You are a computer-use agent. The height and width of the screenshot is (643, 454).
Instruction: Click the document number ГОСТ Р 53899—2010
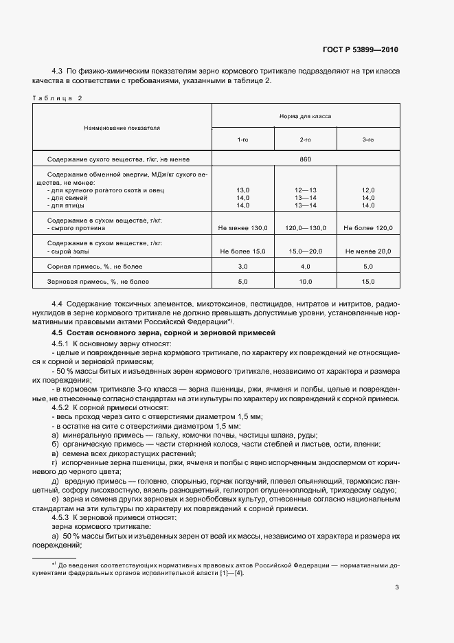pyautogui.click(x=360, y=50)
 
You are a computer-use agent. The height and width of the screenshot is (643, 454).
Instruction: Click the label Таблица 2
pyautogui.click(x=57, y=98)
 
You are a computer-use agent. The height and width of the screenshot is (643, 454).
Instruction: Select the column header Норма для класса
pyautogui.click(x=306, y=116)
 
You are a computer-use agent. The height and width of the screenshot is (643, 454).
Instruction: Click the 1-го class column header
pyautogui.click(x=243, y=139)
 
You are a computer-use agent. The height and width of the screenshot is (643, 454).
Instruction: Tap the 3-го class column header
pyautogui.click(x=368, y=139)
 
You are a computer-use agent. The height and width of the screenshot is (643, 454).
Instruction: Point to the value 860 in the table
pyautogui.click(x=306, y=159)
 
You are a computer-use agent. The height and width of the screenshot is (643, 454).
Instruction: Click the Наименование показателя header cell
pyautogui.click(x=122, y=128)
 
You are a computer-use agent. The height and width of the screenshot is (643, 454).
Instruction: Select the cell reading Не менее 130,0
pyautogui.click(x=243, y=227)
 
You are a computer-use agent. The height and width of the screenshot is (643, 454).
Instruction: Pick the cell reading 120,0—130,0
pyautogui.click(x=306, y=227)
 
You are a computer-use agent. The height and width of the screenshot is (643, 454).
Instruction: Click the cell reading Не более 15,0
pyautogui.click(x=243, y=251)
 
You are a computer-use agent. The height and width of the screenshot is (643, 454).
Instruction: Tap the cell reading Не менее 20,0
pyautogui.click(x=368, y=251)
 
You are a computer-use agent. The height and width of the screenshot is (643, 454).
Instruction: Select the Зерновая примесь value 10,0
pyautogui.click(x=306, y=281)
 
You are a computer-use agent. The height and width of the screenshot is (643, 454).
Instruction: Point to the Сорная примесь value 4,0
pyautogui.click(x=306, y=266)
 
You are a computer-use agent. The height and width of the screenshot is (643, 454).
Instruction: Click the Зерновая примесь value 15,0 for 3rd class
pyautogui.click(x=368, y=281)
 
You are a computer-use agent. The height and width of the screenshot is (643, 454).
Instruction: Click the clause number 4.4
pyautogui.click(x=58, y=303)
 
